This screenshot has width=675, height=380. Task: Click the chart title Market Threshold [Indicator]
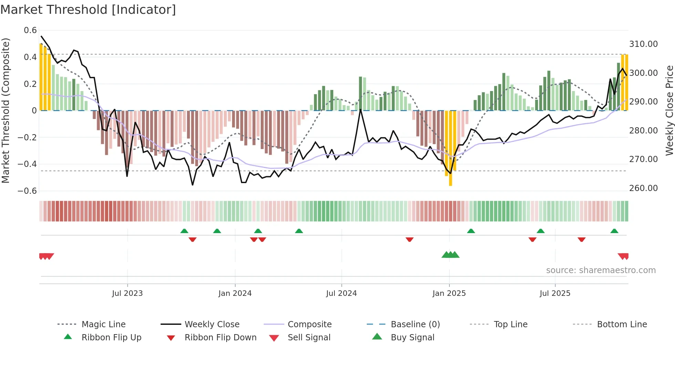[x=88, y=10]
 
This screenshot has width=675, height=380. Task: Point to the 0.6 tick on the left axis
[x=30, y=30]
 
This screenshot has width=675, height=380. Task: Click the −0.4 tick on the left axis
[x=27, y=164]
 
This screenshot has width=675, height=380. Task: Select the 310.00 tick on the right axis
[x=643, y=44]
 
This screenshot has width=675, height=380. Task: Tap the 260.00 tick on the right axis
[x=643, y=188]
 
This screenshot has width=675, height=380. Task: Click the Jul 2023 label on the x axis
[x=127, y=293]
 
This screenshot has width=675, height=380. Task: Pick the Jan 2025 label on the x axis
[x=449, y=293]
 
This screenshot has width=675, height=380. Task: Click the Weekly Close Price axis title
[x=669, y=110]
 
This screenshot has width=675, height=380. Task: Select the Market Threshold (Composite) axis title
[x=6, y=110]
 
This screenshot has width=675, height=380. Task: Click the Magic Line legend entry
[x=103, y=324]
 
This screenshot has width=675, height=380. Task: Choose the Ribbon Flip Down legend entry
[x=220, y=338]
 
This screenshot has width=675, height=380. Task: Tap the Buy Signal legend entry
[x=412, y=338]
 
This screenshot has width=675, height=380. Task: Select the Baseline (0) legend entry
[x=415, y=324]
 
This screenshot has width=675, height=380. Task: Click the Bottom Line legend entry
[x=622, y=324]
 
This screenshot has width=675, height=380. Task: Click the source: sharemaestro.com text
[x=601, y=270]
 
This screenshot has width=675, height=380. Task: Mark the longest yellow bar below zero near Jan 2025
[x=450, y=148]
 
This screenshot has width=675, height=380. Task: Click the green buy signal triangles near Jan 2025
[x=450, y=255]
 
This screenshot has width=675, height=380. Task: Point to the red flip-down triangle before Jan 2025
[x=409, y=239]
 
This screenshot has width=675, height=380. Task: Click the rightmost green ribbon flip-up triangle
[x=614, y=231]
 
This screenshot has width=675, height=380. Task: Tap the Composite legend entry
[x=309, y=324]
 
